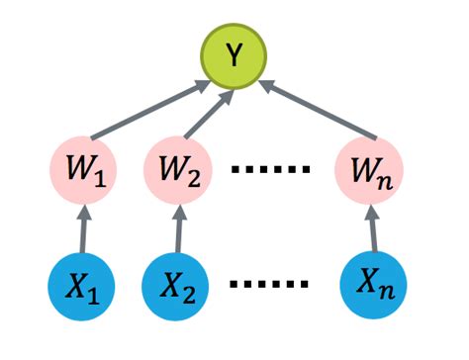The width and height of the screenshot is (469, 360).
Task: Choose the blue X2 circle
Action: click(x=178, y=290)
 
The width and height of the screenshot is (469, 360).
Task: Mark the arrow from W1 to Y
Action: click(x=148, y=111)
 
